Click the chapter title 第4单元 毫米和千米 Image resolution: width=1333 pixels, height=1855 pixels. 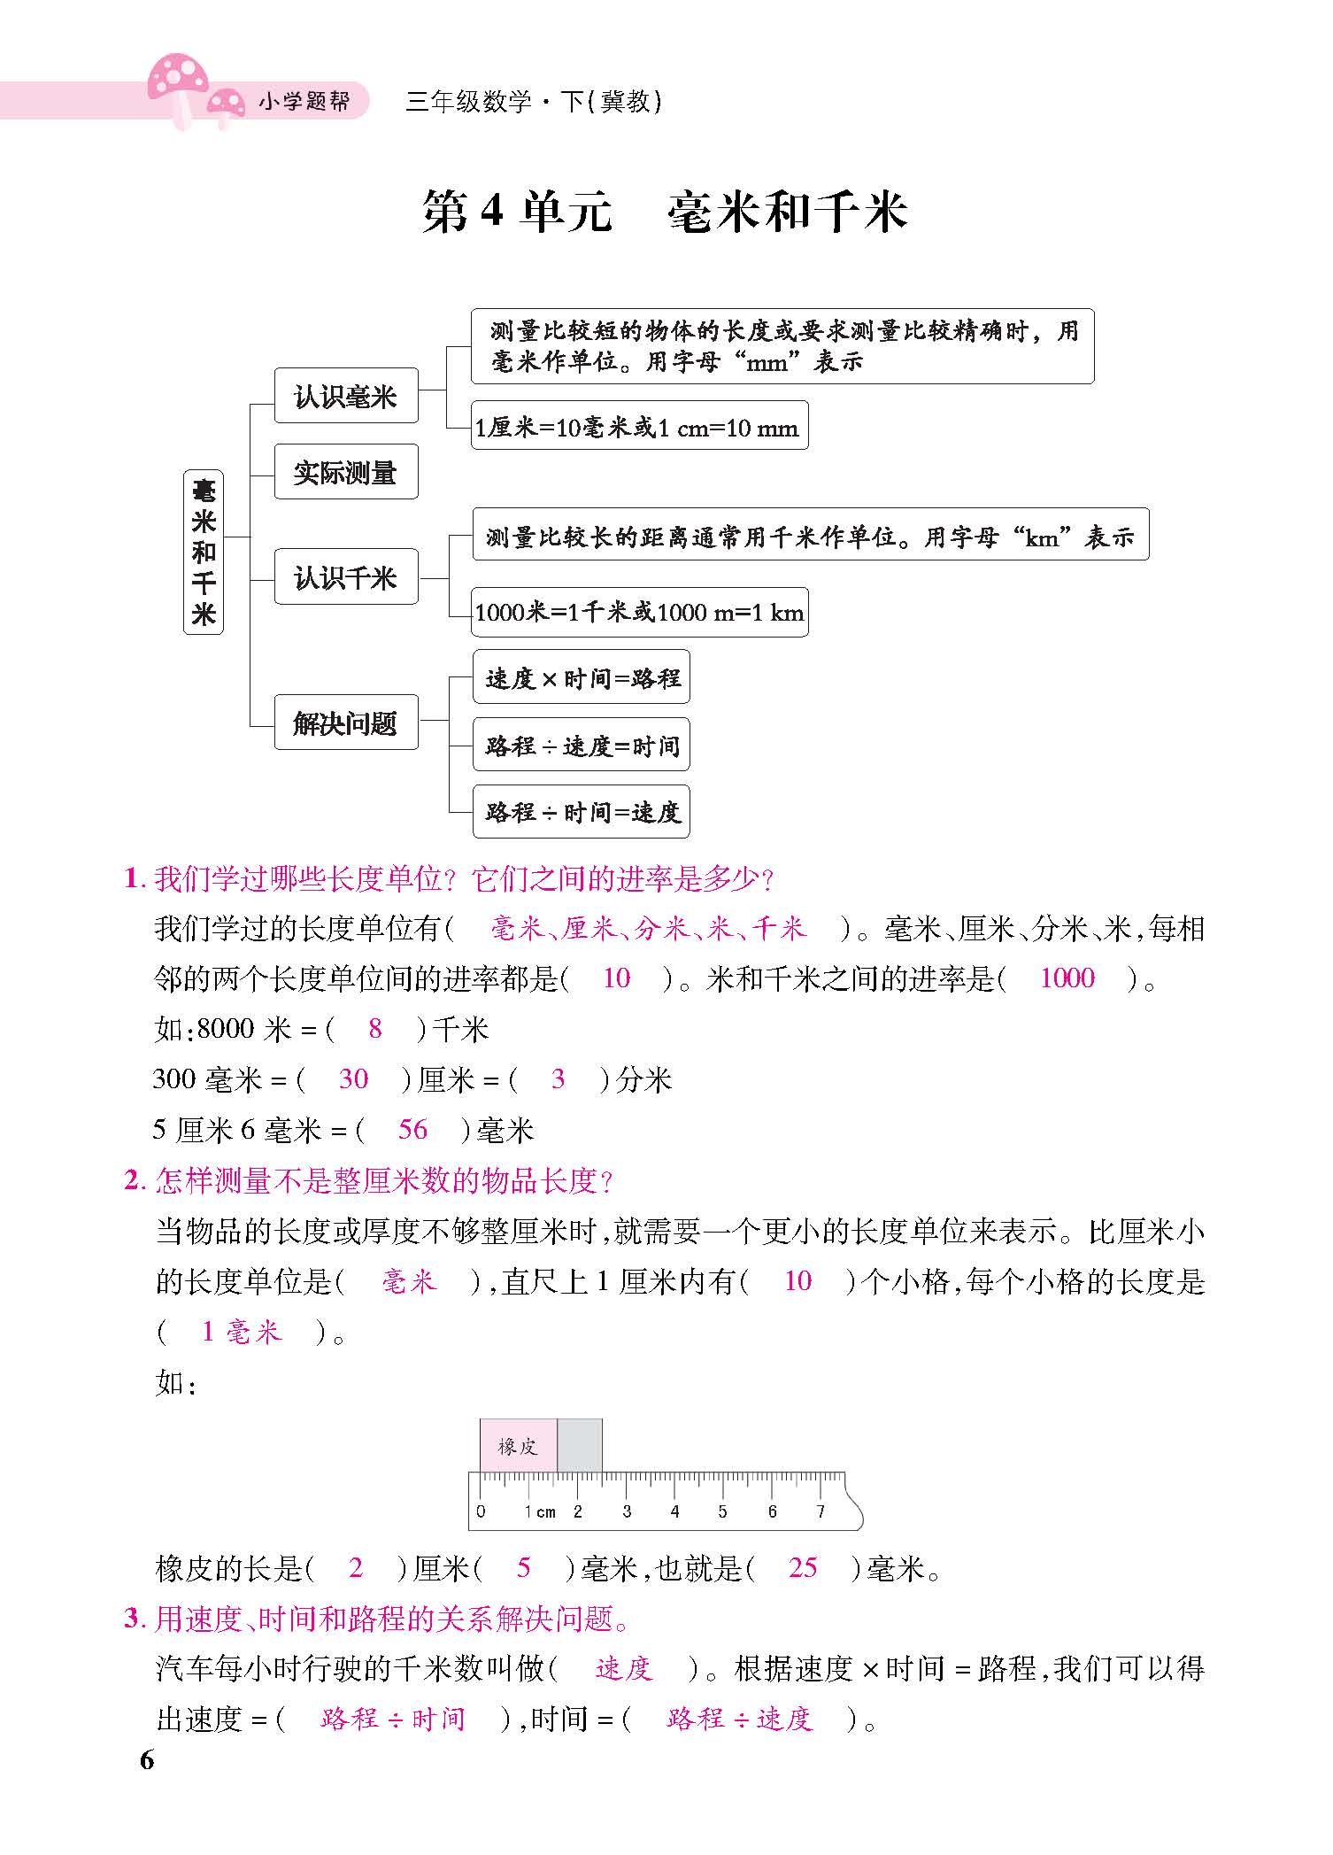pos(666,213)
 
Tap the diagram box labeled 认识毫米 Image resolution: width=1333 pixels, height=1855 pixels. pos(345,397)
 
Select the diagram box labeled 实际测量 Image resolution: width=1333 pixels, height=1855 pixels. pos(345,472)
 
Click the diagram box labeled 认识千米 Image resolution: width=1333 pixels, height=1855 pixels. pos(345,577)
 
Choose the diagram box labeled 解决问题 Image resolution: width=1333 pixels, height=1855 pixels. pos(345,723)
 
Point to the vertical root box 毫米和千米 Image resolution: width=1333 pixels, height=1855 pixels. pos(204,552)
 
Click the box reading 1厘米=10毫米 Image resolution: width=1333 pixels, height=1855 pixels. pos(638,428)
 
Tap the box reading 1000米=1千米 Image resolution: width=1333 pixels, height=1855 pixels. pos(639,612)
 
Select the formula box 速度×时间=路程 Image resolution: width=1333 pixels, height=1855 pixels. pos(582,678)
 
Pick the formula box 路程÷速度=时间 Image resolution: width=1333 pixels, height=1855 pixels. pos(582,746)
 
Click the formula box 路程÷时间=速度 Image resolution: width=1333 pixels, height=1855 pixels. pos(582,811)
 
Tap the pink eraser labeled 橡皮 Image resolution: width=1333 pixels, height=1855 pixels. pos(519,1446)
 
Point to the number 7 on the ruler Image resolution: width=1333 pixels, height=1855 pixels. pos(820,1511)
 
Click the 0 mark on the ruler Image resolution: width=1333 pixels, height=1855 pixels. pos(481,1511)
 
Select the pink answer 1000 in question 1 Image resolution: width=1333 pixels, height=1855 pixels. pos(1067,978)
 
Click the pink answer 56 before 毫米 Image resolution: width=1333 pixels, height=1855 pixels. pos(412,1129)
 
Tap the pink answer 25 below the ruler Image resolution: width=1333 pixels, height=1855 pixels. pos(802,1568)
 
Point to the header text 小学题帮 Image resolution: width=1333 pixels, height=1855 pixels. pos(303,103)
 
